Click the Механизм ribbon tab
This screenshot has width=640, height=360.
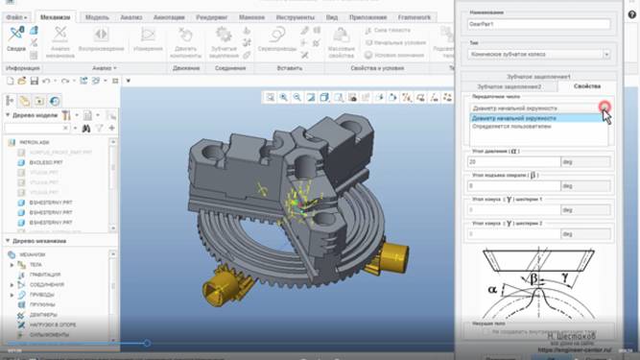click(x=56, y=17)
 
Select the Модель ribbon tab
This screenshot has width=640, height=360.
click(x=96, y=17)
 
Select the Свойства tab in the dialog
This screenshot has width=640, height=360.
click(x=586, y=86)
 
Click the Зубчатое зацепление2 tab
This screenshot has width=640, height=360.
click(x=509, y=86)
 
